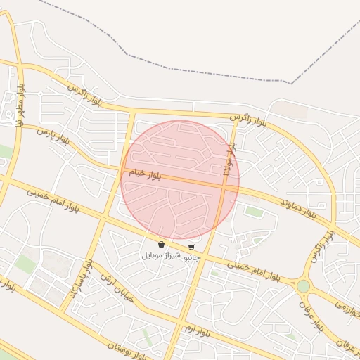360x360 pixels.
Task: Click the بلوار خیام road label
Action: [146, 174]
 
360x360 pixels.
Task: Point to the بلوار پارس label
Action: [55, 136]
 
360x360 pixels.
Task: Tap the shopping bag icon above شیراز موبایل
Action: [162, 245]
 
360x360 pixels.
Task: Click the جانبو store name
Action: [191, 257]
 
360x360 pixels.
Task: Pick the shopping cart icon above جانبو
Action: [191, 247]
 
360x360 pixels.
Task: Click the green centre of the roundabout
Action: [303, 286]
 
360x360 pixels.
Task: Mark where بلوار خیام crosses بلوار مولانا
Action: [224, 186]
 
